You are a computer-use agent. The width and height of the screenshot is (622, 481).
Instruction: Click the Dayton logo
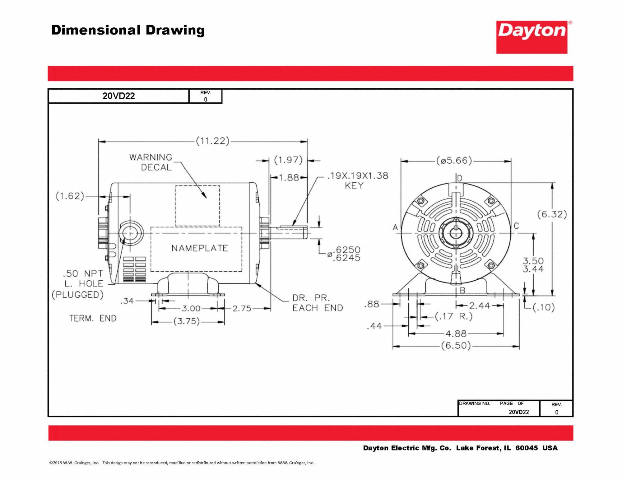(532, 37)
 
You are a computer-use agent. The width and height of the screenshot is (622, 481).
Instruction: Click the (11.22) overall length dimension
(213, 141)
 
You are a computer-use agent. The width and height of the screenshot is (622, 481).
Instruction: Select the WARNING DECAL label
(151, 162)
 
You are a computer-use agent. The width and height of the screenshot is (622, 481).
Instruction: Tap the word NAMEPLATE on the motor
(200, 248)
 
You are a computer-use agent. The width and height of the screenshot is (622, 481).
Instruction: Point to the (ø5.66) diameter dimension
(454, 161)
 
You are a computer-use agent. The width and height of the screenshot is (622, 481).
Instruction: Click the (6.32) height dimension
(552, 214)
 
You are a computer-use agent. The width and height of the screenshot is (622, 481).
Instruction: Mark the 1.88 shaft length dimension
(289, 178)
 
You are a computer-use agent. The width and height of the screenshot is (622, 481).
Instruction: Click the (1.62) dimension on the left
(70, 196)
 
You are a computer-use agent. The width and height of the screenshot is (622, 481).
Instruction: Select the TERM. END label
(93, 319)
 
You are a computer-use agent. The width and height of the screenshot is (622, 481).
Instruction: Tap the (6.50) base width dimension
(456, 346)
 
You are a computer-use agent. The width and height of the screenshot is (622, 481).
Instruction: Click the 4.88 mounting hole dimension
(456, 334)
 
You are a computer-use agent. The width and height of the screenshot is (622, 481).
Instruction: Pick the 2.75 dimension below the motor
(242, 309)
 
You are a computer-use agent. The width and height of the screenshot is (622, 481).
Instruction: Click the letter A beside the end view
(395, 227)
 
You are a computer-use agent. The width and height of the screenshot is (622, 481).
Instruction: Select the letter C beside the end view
(516, 226)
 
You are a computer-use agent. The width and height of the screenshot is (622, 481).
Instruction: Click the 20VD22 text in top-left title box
(118, 96)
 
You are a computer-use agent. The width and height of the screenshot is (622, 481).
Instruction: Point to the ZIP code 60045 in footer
(526, 448)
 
